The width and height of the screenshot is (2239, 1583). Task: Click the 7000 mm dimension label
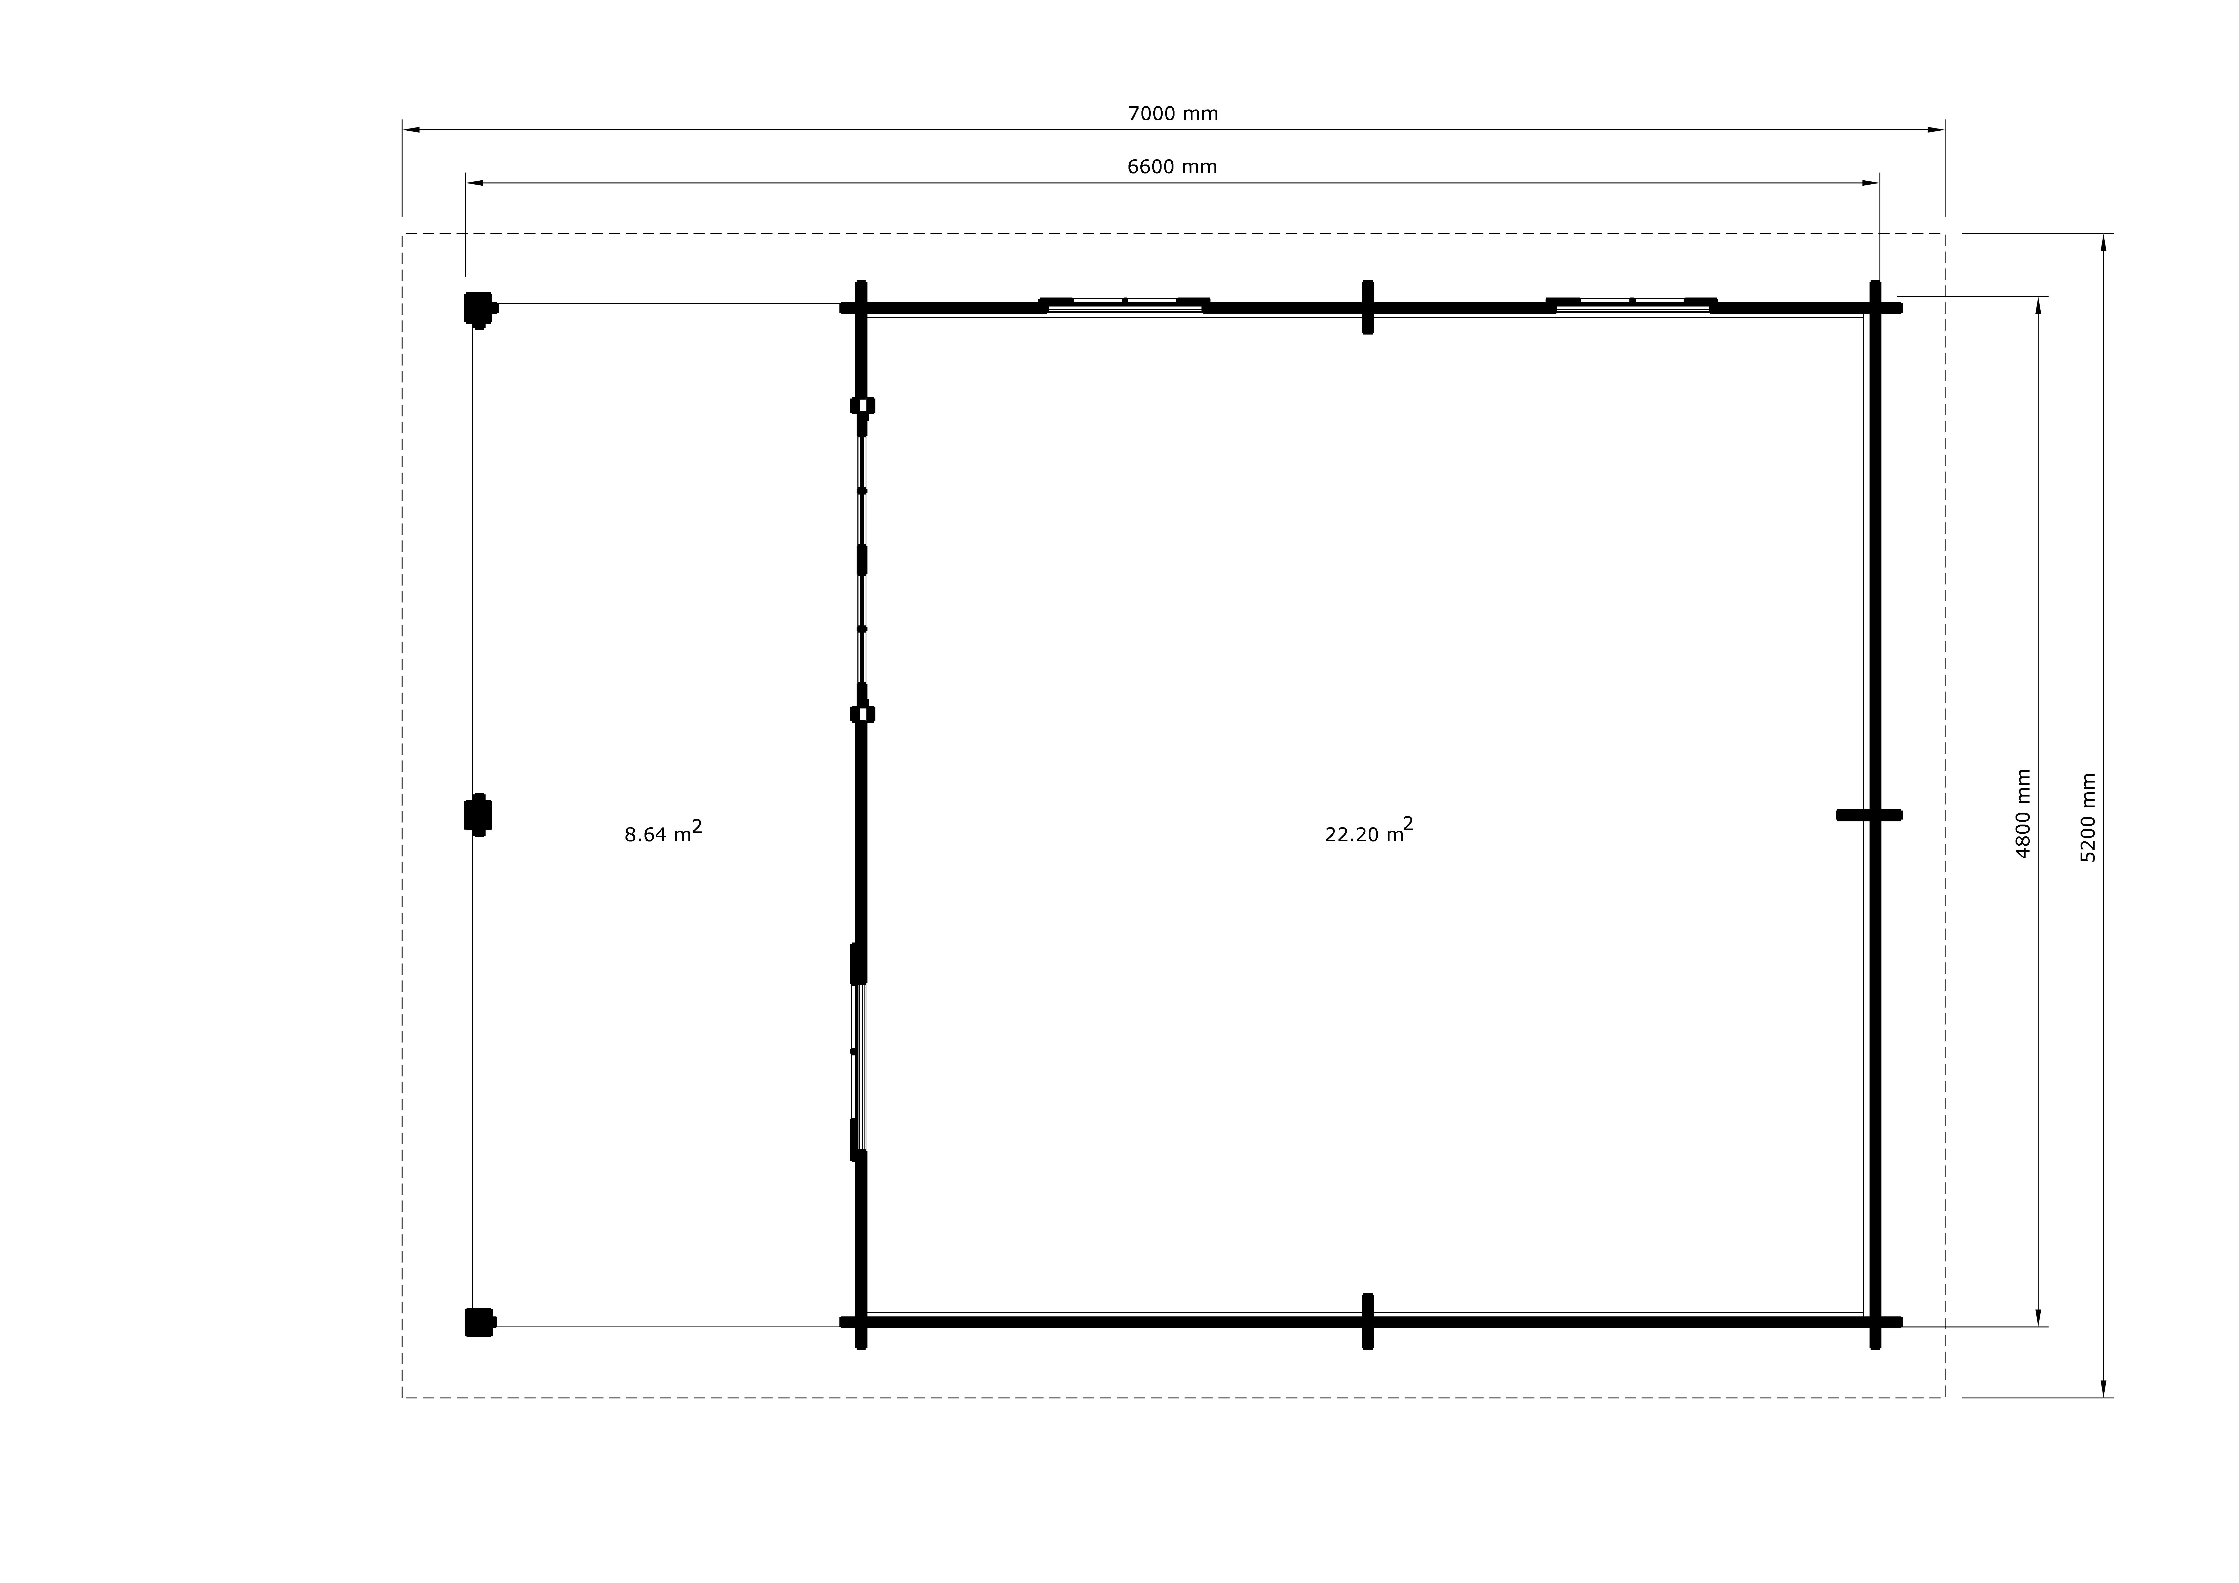click(x=1173, y=114)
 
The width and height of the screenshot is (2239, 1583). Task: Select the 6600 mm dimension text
click(x=1172, y=167)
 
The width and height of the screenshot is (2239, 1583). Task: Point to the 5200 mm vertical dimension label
click(x=2088, y=817)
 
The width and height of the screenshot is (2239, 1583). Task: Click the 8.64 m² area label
click(x=663, y=832)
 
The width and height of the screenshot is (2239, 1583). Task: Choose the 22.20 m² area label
click(x=1369, y=830)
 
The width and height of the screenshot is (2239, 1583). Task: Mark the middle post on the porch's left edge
click(x=478, y=815)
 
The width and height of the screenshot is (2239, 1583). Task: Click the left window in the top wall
click(x=1124, y=304)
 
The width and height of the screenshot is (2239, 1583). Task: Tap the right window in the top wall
click(x=1632, y=304)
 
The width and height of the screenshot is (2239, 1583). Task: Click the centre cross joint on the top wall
click(x=1368, y=307)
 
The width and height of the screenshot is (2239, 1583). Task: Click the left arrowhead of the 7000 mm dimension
click(x=412, y=130)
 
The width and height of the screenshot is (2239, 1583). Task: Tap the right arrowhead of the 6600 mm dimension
click(x=1870, y=182)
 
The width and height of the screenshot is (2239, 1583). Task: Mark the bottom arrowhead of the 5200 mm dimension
click(x=2103, y=1388)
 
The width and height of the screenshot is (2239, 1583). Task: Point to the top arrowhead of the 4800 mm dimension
click(x=2038, y=305)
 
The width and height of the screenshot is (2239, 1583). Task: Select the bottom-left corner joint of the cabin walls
click(x=861, y=1323)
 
